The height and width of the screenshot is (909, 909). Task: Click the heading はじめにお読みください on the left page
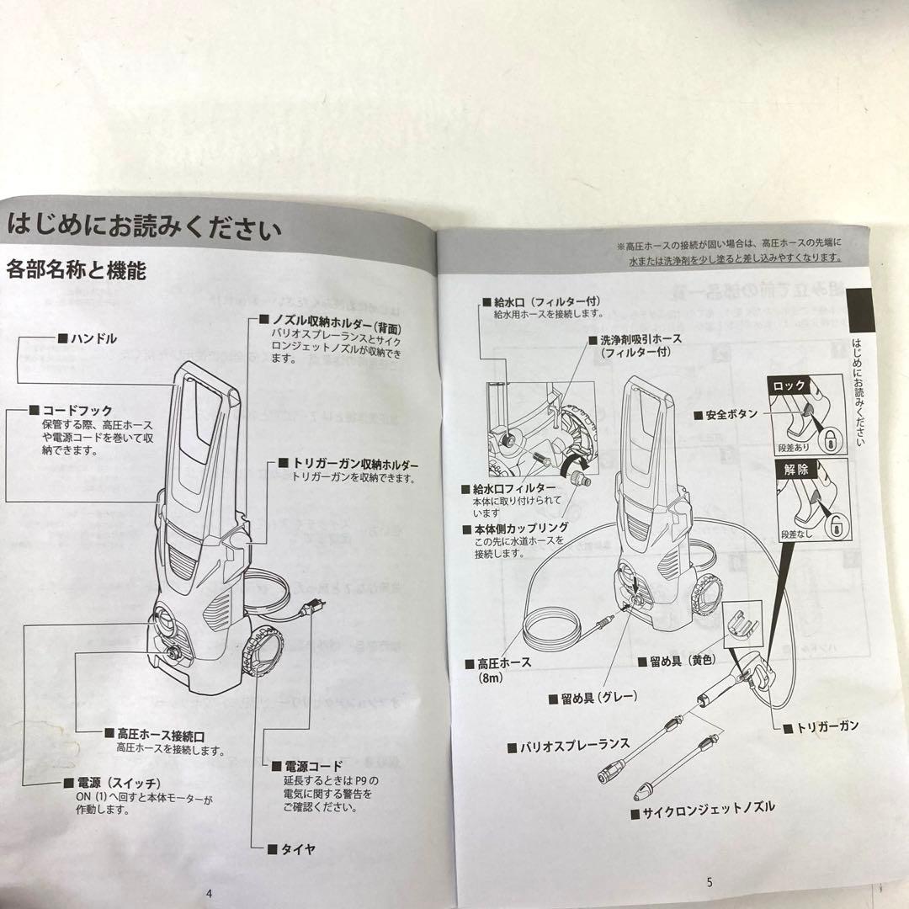click(x=143, y=226)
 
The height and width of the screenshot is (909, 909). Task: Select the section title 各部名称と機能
click(x=76, y=270)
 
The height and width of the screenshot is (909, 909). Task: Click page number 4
click(x=208, y=894)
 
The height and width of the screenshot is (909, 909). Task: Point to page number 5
click(x=709, y=882)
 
